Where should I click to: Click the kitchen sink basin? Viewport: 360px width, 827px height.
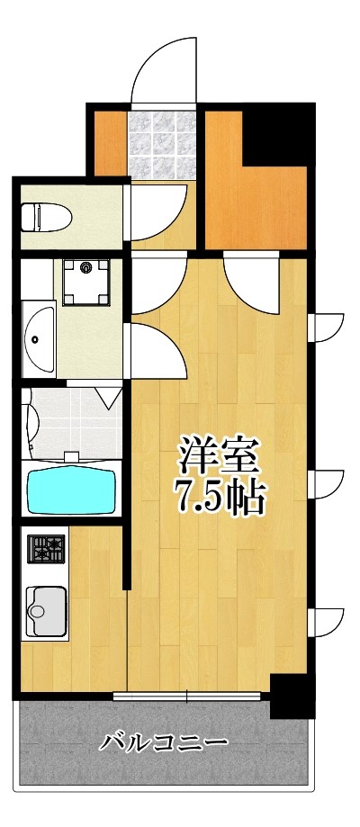47,612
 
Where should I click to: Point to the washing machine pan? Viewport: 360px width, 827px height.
86,282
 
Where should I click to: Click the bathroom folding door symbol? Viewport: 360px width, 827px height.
107,397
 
